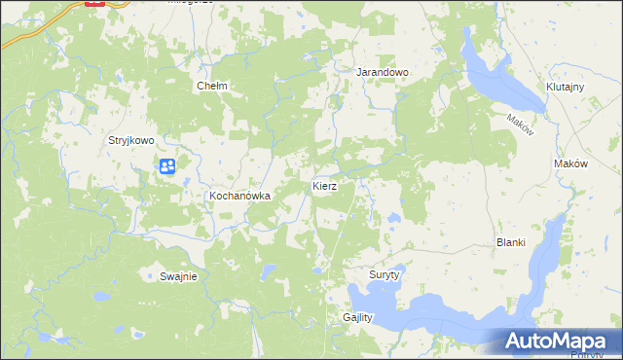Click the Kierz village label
coord(324,185)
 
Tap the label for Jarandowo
coord(382,72)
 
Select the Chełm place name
coord(212,86)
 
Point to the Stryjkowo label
coord(130,140)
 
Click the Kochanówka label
coord(238,196)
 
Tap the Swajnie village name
coord(179,276)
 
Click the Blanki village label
coord(511,242)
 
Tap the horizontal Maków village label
coord(570,164)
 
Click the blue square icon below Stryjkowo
coord(167,166)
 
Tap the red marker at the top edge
coord(95,3)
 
